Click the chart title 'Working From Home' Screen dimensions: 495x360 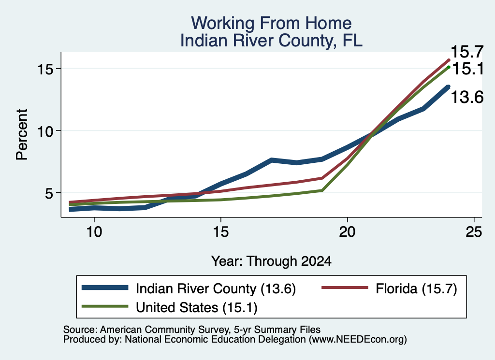coord(271,23)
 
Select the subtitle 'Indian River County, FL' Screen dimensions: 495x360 coord(271,41)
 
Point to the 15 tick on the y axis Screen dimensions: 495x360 coord(45,69)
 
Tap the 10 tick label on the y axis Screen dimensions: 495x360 coord(45,130)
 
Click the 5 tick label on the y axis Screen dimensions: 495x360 coord(49,193)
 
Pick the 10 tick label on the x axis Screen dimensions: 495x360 coord(94,232)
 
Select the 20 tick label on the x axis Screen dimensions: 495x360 coord(347,232)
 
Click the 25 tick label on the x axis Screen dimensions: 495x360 coord(474,232)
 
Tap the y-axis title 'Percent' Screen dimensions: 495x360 coord(22,134)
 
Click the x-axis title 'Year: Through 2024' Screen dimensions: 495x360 coord(271,261)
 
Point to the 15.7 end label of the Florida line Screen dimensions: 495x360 coord(467,52)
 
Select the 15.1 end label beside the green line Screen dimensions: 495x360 coord(468,69)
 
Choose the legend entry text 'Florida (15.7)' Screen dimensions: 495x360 coord(416,288)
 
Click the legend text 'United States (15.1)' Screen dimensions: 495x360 coord(197,307)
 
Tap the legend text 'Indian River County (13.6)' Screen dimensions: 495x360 coord(216,288)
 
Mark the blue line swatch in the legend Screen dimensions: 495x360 coord(105,288)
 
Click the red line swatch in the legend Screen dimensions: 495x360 coord(345,288)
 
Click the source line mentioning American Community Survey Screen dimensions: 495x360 coord(192,330)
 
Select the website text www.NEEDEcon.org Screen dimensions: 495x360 coord(358,339)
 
